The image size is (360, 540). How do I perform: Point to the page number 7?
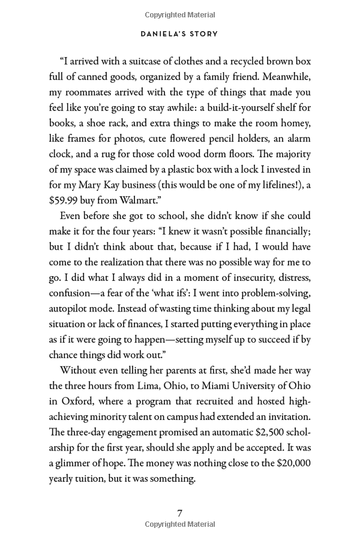tap(179, 512)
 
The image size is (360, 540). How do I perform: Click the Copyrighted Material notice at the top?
tap(180, 14)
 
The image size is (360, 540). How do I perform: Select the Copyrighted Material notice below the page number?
tap(180, 524)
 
